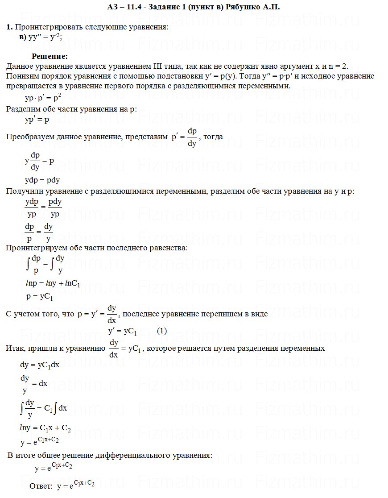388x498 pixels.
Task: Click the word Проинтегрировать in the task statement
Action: [43, 27]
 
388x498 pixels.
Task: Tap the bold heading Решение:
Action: [50, 56]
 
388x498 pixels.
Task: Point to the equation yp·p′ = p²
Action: [43, 97]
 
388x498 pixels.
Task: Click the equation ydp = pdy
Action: [42, 180]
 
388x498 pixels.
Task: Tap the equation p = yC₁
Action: [40, 296]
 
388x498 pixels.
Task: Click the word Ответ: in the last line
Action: [41, 486]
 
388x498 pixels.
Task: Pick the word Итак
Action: [14, 348]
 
